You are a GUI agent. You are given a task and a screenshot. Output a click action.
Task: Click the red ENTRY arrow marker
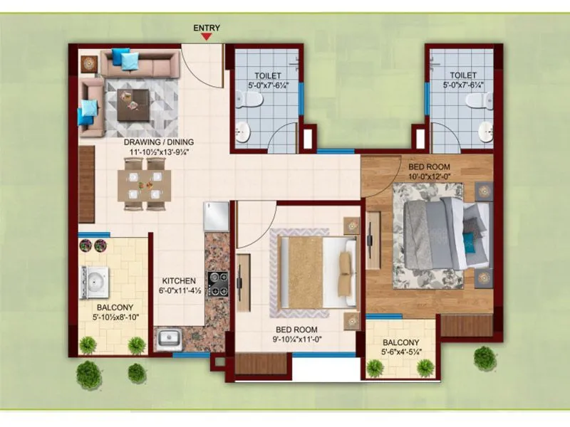tap(207, 38)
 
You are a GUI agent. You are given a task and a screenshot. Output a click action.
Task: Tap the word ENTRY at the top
tap(207, 28)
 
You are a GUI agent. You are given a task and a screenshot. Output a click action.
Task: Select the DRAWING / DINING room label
tap(159, 142)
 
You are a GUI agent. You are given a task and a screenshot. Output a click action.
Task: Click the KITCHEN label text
tap(175, 280)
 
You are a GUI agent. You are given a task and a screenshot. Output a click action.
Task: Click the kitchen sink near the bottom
tap(169, 337)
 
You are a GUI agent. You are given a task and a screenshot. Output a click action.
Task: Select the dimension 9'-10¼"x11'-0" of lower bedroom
tap(296, 340)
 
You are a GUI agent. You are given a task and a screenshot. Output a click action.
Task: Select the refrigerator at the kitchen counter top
tap(216, 215)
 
